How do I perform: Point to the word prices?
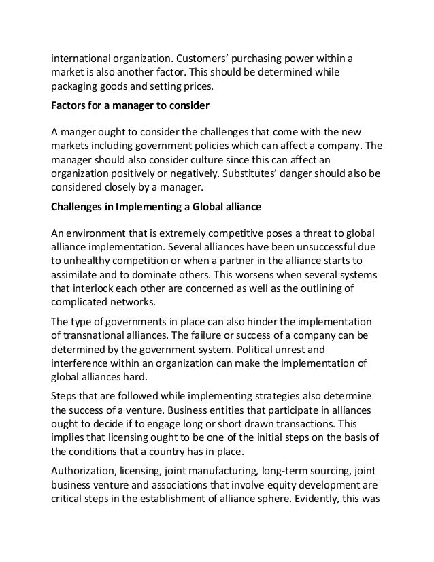click(214, 88)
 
